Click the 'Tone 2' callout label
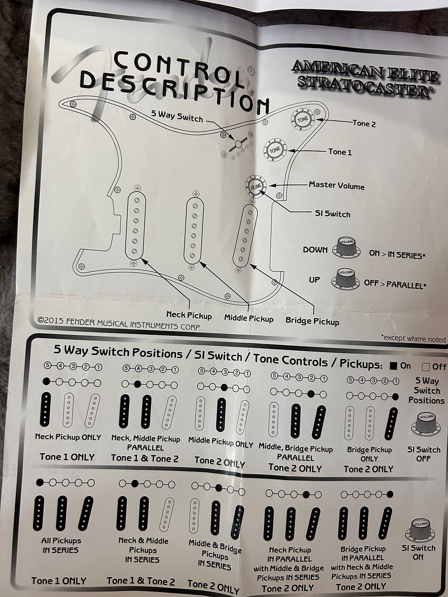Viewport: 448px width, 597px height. point(364,124)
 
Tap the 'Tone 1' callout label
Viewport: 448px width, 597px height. point(340,152)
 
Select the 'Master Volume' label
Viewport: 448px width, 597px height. point(336,185)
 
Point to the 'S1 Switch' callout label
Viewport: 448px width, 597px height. point(333,214)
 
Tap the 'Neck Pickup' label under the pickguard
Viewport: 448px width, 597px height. point(189,315)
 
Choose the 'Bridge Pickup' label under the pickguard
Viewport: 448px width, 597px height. point(312,321)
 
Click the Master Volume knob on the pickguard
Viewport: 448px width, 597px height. point(256,186)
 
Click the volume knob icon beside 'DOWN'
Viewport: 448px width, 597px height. point(347,248)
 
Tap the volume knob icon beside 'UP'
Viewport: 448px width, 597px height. point(345,279)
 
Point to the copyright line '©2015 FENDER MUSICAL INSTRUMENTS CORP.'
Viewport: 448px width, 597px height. point(119,324)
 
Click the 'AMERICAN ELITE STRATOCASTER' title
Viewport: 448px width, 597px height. point(365,78)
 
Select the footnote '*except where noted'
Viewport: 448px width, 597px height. point(413,339)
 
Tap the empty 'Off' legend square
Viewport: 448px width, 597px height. point(426,367)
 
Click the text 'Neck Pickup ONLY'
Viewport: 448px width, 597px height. point(68,437)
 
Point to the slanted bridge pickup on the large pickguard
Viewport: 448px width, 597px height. point(245,235)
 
